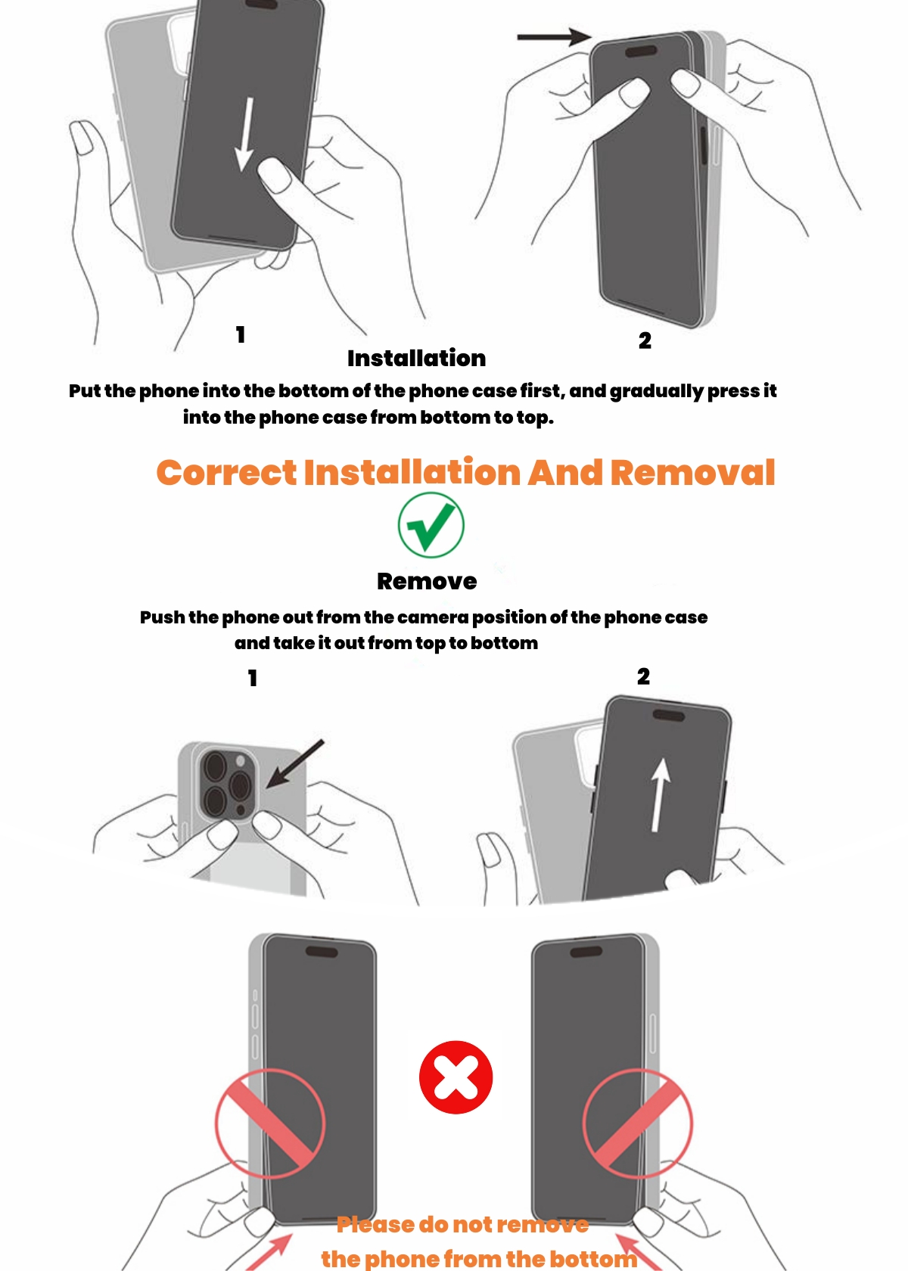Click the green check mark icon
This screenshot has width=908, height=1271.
[431, 525]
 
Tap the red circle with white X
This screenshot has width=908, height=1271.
[456, 1077]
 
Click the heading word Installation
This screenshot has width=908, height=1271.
[416, 359]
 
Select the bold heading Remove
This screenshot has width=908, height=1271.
[427, 582]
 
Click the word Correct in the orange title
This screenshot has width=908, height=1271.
[226, 473]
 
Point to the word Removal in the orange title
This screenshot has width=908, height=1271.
[693, 473]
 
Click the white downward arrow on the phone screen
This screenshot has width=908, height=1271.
[246, 134]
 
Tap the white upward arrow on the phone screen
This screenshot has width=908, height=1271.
[659, 796]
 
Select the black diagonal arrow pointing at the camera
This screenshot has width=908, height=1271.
[294, 764]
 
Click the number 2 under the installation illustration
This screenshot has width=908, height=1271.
[645, 340]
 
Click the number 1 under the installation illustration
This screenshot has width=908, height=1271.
[241, 334]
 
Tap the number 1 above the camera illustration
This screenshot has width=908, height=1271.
[253, 678]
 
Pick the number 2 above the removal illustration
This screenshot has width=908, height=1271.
[643, 676]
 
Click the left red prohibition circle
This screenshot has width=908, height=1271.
[270, 1123]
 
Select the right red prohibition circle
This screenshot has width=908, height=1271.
[638, 1123]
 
